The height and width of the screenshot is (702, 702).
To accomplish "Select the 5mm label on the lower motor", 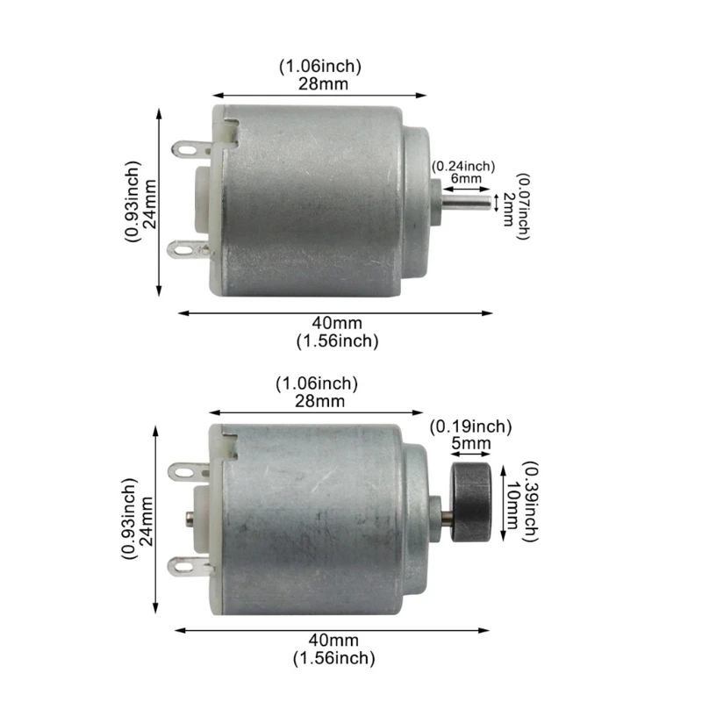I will [x=471, y=444].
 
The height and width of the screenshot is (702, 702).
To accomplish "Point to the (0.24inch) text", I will [x=462, y=165].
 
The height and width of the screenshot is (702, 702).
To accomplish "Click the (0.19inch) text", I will [x=470, y=427].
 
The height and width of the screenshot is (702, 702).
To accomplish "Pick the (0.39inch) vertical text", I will [x=528, y=500].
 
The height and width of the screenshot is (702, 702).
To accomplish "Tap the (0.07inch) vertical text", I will [x=524, y=207].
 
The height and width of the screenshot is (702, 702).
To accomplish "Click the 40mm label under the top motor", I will [x=336, y=325].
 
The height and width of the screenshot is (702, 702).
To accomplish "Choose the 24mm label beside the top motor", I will [x=150, y=203].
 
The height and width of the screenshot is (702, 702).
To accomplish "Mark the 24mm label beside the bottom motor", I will [x=147, y=519].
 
